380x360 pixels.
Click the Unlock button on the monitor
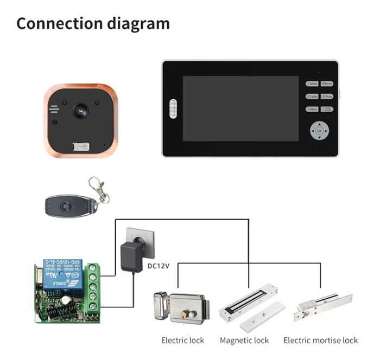(x=312, y=84)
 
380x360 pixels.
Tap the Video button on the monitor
(x=312, y=97)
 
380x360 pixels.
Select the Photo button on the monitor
(x=327, y=97)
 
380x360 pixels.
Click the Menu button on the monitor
(x=312, y=109)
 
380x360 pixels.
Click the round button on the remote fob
(x=67, y=205)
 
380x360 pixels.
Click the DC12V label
(x=159, y=266)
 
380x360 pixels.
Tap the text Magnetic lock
(x=244, y=340)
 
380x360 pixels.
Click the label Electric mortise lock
(x=320, y=340)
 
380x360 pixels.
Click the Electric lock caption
(x=182, y=340)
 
